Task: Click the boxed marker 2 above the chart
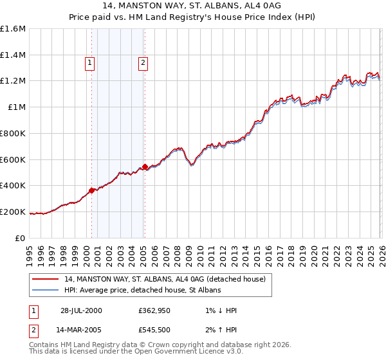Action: (x=142, y=62)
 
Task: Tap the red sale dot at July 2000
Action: (x=92, y=190)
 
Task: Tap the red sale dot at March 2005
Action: (x=145, y=166)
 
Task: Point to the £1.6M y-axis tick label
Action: (x=13, y=29)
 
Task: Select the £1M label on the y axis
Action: (x=16, y=107)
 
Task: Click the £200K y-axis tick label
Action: (x=13, y=212)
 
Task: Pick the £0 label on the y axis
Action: (x=21, y=238)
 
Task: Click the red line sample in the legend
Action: (x=46, y=279)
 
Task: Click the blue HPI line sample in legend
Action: (x=46, y=291)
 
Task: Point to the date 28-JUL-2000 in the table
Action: (x=81, y=310)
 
